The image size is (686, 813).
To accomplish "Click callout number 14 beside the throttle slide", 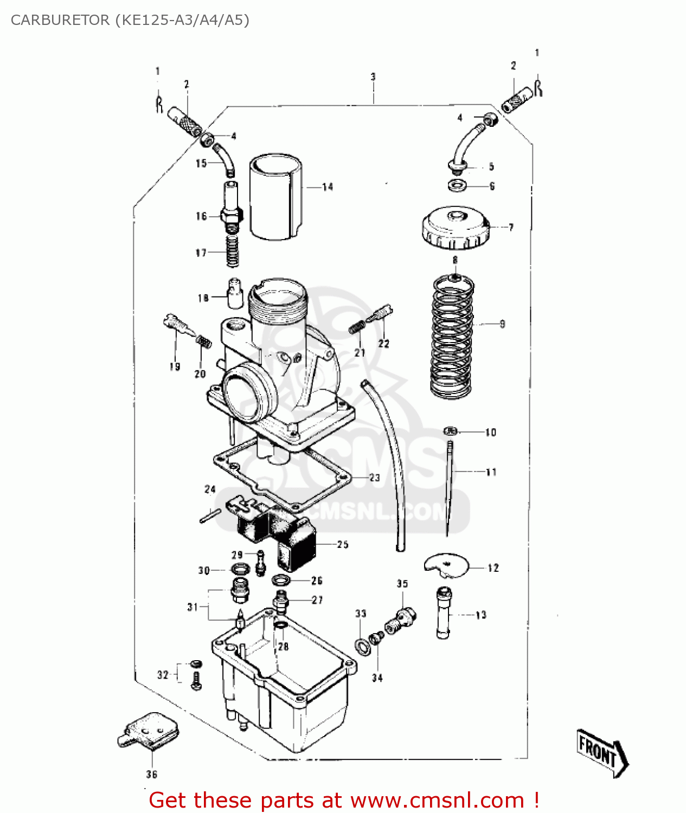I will click(328, 187).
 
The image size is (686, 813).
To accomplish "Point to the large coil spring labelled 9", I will click(452, 336).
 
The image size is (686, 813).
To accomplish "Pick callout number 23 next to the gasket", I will click(374, 478).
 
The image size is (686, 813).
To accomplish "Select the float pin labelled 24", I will click(209, 517).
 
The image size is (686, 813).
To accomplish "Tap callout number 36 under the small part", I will click(152, 775).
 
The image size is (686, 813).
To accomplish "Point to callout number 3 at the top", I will click(373, 77).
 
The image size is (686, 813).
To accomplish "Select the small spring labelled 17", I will click(232, 252).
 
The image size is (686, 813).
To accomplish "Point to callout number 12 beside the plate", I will click(493, 568).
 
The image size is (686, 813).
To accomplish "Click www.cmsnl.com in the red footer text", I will click(437, 801).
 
